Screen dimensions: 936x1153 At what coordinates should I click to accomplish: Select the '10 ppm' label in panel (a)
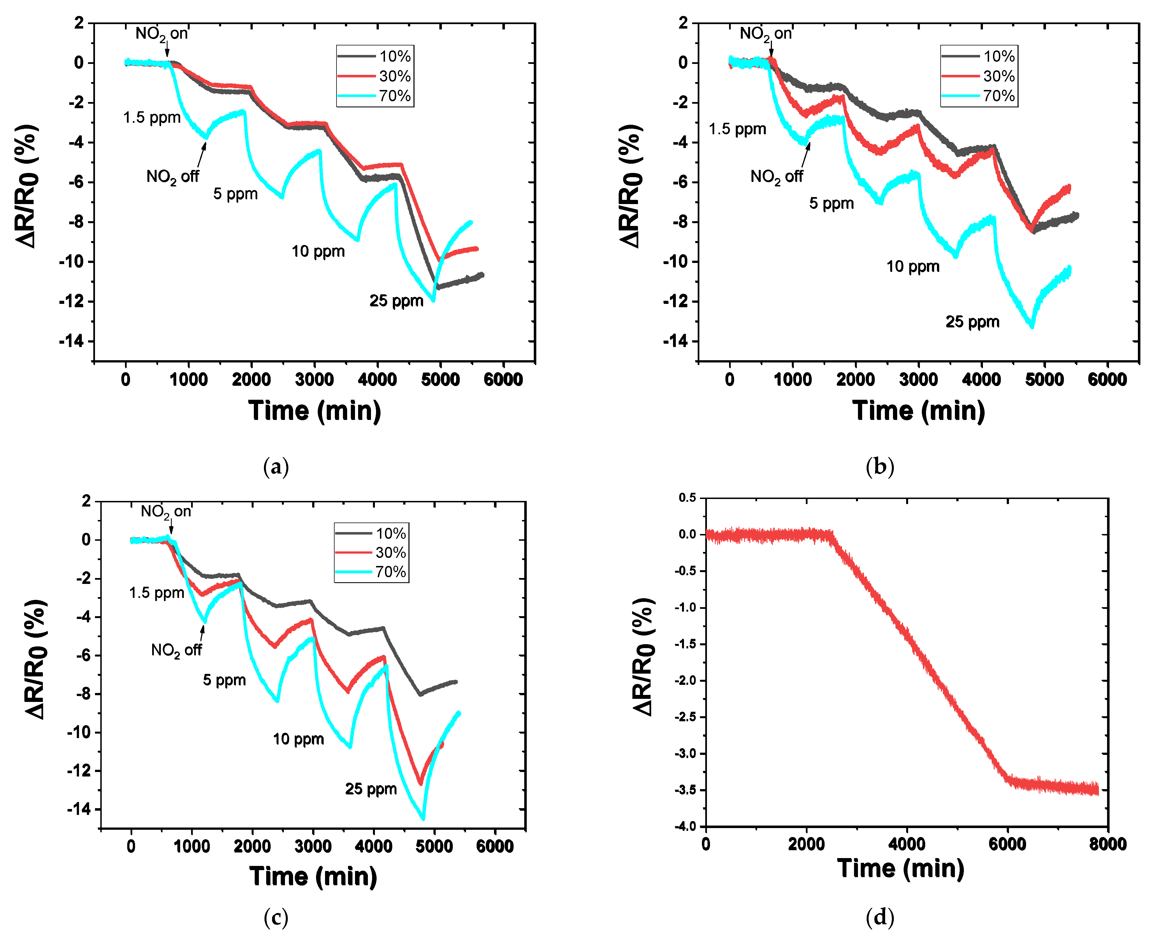tap(318, 251)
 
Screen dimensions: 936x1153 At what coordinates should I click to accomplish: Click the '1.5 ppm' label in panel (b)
tap(737, 130)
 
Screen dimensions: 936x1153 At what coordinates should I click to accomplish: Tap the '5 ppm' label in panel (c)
tap(224, 680)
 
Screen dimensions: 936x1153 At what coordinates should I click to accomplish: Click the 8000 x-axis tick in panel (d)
tap(1107, 844)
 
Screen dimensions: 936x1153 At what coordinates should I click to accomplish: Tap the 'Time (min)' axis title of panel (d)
tap(900, 869)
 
